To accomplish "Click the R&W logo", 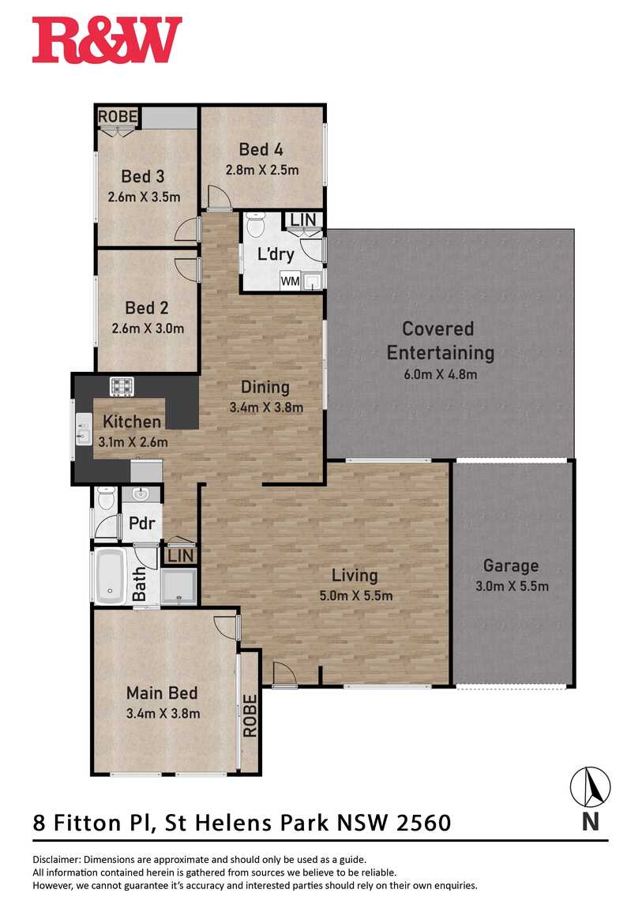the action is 107,40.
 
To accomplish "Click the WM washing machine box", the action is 290,281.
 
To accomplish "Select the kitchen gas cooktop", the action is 122,385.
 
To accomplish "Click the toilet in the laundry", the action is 255,223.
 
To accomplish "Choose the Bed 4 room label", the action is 261,149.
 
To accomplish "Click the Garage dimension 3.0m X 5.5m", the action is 512,586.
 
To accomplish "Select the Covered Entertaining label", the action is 440,340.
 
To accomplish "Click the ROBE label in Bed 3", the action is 118,116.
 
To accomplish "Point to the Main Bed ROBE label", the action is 250,716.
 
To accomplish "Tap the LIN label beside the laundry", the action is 303,219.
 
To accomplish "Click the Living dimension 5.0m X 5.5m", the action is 356,595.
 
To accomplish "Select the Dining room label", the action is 265,387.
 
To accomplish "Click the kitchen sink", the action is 84,429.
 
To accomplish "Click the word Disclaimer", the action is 57,859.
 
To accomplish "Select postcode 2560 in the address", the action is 423,822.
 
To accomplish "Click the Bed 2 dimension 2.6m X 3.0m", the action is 148,328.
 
